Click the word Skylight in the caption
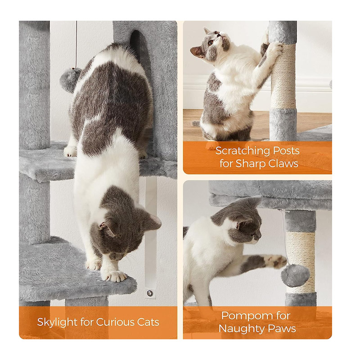pyautogui.click(x=57, y=322)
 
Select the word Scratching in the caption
pyautogui.click(x=239, y=151)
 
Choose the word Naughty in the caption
pyautogui.click(x=242, y=329)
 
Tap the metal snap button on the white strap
pyautogui.click(x=150, y=293)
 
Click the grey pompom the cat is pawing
pyautogui.click(x=295, y=275)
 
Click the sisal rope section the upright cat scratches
pyautogui.click(x=283, y=76)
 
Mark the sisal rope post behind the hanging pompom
pyautogui.click(x=300, y=262)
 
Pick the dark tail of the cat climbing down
pyautogui.click(x=138, y=47)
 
